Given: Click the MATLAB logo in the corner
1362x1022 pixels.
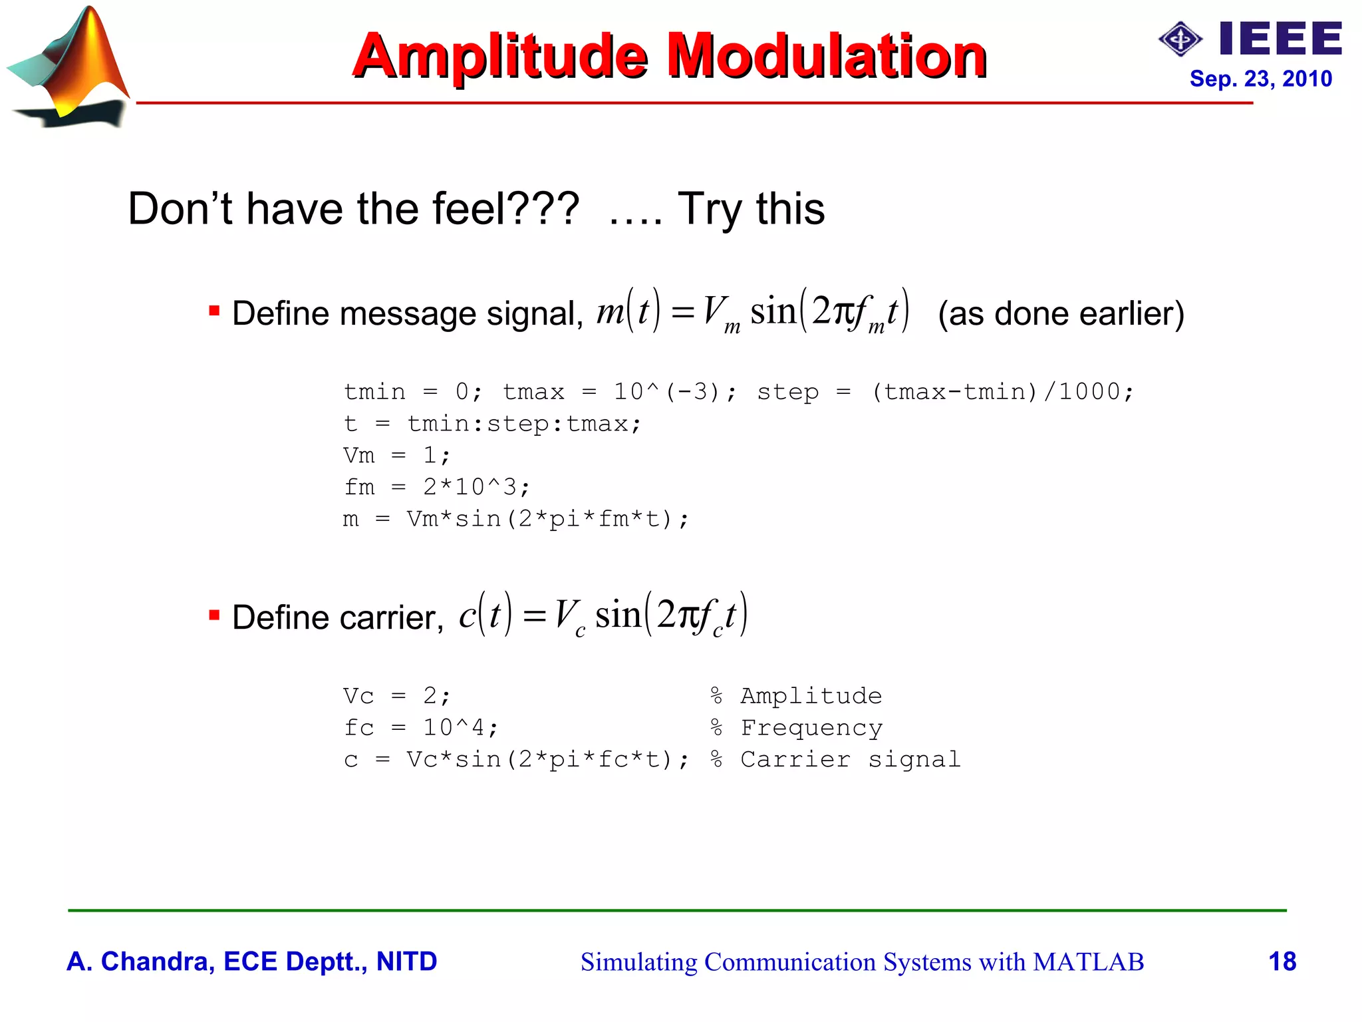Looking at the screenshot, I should (70, 67).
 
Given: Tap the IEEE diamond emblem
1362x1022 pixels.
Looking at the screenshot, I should (1180, 39).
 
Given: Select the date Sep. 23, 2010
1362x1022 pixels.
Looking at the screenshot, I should (1260, 79).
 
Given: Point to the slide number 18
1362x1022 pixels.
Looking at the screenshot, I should (1282, 961).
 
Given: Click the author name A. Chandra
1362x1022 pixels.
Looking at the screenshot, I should (140, 961).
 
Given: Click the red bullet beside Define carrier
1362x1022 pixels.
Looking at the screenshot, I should (214, 615).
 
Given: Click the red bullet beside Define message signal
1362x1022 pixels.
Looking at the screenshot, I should (214, 311).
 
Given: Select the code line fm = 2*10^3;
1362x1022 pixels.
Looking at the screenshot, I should (437, 487).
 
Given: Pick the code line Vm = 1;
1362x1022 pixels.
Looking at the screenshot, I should (397, 455).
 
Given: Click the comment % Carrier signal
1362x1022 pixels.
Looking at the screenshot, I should (835, 759).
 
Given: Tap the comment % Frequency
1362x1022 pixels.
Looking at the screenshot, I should (796, 727).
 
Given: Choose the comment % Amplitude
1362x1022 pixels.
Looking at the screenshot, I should (796, 696).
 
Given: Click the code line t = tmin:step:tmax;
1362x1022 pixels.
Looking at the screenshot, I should (492, 424).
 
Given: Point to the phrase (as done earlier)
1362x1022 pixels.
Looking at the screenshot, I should (1061, 313).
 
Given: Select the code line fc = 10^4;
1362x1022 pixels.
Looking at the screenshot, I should (420, 727).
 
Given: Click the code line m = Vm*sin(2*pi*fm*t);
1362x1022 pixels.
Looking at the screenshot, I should (516, 519).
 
